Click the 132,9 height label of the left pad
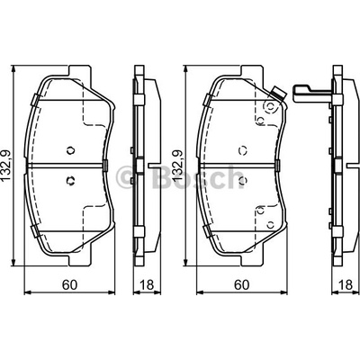(6, 166)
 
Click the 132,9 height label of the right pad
(177, 166)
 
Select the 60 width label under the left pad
(69, 284)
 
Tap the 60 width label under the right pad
(242, 284)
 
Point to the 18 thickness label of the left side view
(147, 284)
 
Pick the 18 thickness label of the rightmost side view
(346, 284)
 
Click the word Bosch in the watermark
(199, 177)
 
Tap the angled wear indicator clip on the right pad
(277, 94)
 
